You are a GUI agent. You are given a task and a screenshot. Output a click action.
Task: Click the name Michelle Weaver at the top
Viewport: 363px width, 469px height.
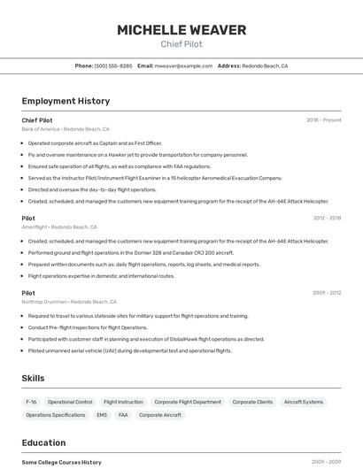point(181,30)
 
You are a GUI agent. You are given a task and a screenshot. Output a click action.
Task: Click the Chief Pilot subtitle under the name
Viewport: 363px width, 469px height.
point(181,43)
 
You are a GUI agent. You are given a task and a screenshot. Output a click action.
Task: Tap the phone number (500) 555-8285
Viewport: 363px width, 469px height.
point(113,65)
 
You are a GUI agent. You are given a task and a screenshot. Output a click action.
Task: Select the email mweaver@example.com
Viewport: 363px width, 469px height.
point(183,65)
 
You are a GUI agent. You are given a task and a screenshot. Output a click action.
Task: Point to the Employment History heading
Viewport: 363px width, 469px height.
point(66,101)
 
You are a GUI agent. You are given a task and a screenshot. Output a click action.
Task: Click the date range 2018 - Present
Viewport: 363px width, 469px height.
point(323,120)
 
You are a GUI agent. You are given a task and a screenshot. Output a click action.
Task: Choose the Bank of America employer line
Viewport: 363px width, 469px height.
point(66,129)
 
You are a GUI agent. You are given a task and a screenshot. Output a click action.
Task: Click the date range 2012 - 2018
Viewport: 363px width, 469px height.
point(327,218)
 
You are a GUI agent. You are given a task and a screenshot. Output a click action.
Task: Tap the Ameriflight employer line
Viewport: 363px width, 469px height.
point(59,227)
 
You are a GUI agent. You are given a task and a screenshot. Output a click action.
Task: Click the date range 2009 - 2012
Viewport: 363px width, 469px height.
point(327,293)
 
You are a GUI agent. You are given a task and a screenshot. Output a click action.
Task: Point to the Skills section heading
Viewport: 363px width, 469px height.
point(33,378)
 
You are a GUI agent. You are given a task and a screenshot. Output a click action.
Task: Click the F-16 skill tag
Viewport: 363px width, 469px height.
point(31,402)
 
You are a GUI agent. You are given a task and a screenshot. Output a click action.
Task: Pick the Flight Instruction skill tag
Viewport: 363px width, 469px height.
point(123,402)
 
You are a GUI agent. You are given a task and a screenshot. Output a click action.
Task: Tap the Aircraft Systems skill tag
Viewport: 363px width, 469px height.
point(304,402)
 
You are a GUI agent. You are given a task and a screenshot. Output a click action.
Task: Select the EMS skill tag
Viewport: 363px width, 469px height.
point(102,415)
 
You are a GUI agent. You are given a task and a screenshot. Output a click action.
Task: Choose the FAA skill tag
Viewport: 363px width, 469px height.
point(123,415)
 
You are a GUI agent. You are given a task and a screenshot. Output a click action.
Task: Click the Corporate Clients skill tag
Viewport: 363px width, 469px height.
point(252,402)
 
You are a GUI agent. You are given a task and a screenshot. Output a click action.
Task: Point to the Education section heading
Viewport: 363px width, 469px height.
point(43,442)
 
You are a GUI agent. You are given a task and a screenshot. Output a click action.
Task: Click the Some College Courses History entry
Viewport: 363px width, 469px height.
point(61,462)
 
